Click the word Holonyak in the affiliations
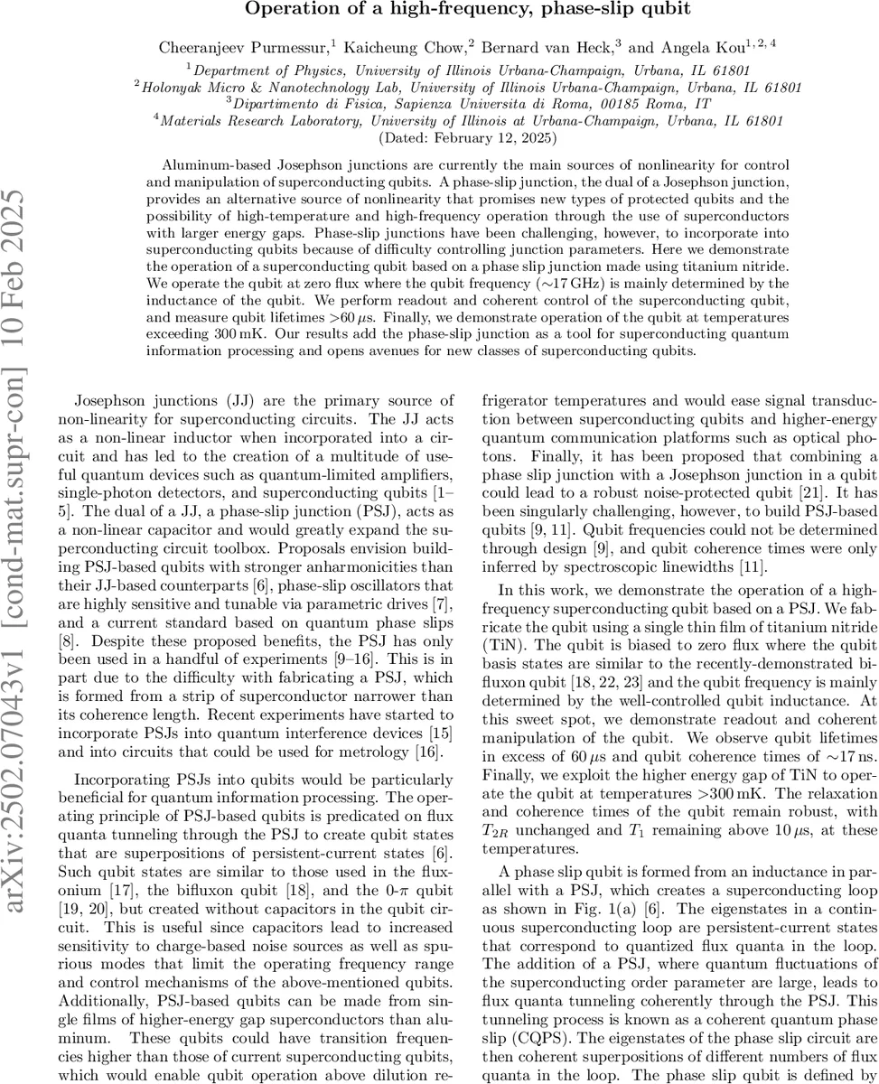click(x=173, y=87)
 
